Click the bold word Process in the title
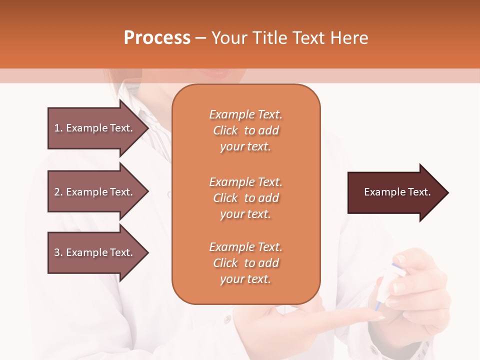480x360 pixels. (157, 38)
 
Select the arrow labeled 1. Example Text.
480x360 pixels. (95, 128)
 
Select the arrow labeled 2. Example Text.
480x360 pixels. (95, 192)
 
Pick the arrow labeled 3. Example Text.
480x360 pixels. (95, 252)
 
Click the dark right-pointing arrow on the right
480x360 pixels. (395, 192)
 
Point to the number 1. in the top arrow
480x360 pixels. (58, 128)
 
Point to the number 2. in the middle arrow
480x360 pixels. (58, 192)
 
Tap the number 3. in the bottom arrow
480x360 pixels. (58, 252)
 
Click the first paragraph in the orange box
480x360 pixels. (245, 130)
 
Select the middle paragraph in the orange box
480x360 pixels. (245, 198)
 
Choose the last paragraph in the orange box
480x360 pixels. (245, 263)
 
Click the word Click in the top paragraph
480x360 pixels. (225, 130)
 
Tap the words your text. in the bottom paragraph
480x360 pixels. (245, 279)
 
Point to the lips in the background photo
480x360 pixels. (219, 73)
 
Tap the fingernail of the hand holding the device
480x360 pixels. (399, 287)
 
